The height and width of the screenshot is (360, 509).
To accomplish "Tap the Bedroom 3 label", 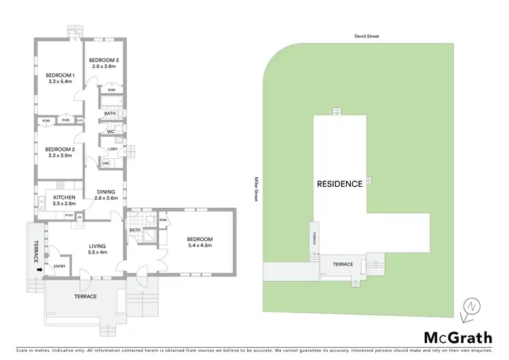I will (105, 62).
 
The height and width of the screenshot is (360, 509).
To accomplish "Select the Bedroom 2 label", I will (59, 153).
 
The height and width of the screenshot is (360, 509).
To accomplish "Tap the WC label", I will (110, 131).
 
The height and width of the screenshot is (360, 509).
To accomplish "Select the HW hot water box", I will (106, 163).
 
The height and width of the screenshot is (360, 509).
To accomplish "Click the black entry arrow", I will (39, 270).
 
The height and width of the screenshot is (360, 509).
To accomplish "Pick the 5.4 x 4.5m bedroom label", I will (200, 242).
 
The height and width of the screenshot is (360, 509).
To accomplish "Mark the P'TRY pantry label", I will (69, 215).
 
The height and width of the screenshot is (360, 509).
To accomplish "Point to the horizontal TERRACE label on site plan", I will (343, 264).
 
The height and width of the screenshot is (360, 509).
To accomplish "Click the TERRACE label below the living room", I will (86, 296).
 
